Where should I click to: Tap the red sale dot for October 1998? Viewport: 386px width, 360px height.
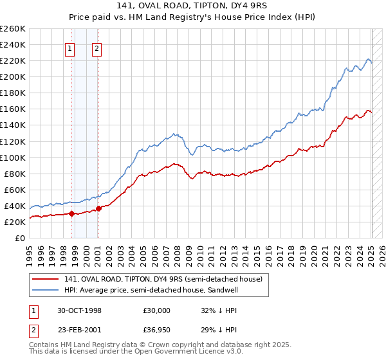(72, 213)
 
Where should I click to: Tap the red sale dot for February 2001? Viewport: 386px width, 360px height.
(98, 208)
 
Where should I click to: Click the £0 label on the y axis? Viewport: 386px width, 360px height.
(20, 238)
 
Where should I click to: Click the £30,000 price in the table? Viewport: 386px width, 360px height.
(156, 310)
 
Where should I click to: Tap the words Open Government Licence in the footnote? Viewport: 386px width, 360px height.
(161, 352)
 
